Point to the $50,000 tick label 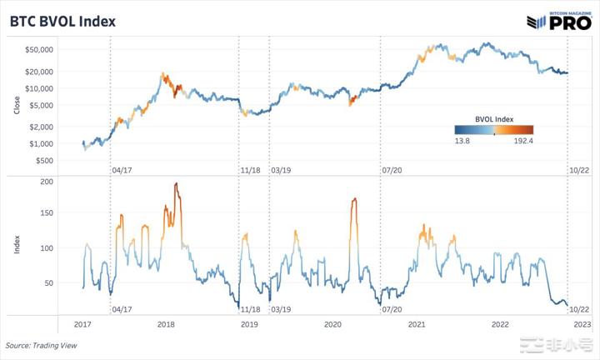pos(38,49)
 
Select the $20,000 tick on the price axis pos(38,72)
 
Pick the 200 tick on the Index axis pos(47,181)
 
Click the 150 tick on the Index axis pos(47,213)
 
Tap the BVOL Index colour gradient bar pos(493,129)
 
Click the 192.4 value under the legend pos(522,141)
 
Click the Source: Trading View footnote pos(39,345)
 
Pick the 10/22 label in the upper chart pos(579,169)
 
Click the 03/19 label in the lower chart pos(282,308)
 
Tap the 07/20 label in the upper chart pos(392,169)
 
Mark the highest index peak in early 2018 pos(177,183)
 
